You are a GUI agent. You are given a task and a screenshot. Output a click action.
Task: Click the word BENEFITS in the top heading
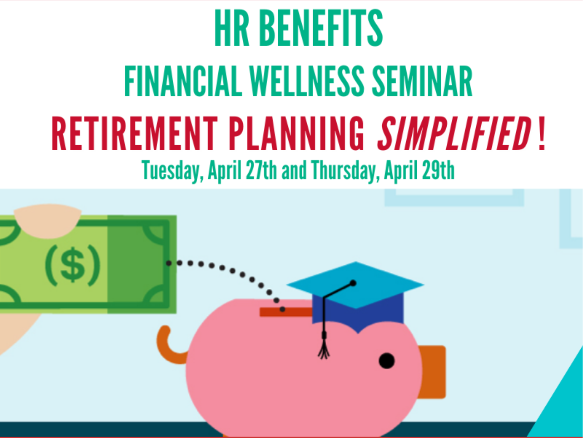pyautogui.click(x=321, y=28)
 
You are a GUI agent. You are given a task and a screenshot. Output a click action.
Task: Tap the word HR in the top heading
pyautogui.click(x=232, y=28)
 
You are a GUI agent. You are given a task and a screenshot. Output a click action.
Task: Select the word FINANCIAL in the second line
pyautogui.click(x=183, y=81)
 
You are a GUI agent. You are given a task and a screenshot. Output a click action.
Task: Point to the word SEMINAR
pyautogui.click(x=422, y=81)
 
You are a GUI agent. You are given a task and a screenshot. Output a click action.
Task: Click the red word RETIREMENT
pyautogui.click(x=135, y=134)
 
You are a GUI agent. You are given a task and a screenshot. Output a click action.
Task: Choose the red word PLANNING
pyautogui.click(x=296, y=134)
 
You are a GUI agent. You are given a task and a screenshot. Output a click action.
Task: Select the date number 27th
pyautogui.click(x=261, y=170)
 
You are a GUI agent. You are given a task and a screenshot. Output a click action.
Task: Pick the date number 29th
pyautogui.click(x=439, y=170)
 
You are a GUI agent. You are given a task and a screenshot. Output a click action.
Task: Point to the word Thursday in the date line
pyautogui.click(x=344, y=171)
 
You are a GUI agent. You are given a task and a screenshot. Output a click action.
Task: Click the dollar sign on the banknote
pyautogui.click(x=73, y=266)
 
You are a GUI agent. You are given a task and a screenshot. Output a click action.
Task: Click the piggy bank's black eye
pyautogui.click(x=387, y=361)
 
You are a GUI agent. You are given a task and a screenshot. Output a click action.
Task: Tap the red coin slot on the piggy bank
pyautogui.click(x=286, y=312)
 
